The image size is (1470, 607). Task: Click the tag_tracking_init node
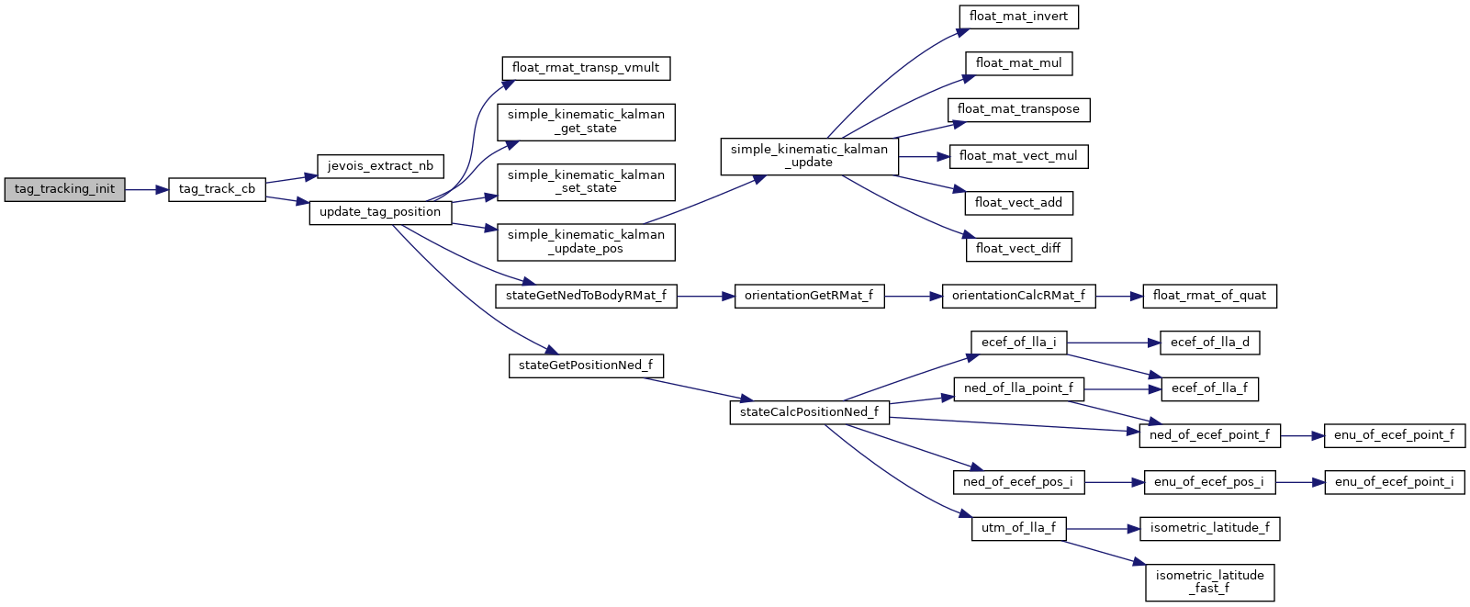[64, 189]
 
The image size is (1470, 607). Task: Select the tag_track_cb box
[217, 189]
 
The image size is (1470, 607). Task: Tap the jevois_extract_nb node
[380, 166]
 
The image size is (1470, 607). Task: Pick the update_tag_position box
[380, 212]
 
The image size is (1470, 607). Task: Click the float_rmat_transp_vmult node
[586, 68]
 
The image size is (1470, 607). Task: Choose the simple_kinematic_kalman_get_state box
[586, 122]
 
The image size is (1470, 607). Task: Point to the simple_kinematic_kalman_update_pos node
[586, 242]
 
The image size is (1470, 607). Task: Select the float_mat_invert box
[1018, 17]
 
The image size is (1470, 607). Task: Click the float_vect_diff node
[1018, 249]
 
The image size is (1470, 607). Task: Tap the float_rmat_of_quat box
[1209, 296]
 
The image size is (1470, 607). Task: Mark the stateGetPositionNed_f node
[586, 365]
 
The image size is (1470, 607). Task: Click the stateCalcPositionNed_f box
[809, 412]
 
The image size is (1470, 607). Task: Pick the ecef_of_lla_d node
[1209, 343]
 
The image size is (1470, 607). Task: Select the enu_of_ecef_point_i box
[1394, 482]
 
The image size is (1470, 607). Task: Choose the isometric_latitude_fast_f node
[1209, 582]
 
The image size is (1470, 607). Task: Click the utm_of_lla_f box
[1018, 529]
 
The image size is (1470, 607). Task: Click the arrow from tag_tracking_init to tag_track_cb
[146, 189]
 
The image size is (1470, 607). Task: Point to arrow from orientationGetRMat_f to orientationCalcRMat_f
[913, 296]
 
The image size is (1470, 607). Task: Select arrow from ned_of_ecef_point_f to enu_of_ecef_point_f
[1301, 435]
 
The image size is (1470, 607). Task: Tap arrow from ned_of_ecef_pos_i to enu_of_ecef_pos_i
[1114, 482]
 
